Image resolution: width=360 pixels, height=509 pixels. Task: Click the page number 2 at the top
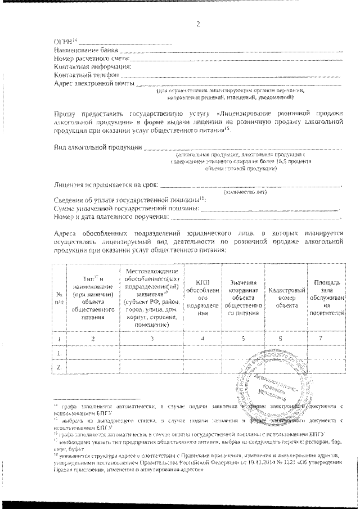(x=197, y=24)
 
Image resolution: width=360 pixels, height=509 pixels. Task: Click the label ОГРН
(x=64, y=42)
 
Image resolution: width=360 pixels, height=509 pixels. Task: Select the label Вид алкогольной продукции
(x=97, y=148)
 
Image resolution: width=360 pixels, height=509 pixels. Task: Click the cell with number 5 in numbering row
(x=243, y=339)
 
